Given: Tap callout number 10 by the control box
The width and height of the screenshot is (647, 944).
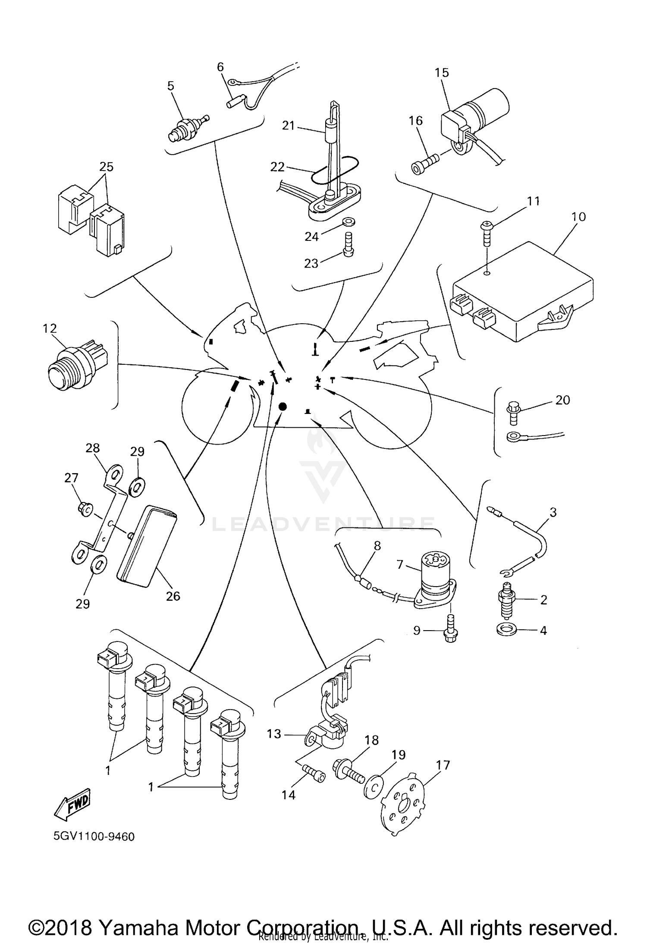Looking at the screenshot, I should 578,217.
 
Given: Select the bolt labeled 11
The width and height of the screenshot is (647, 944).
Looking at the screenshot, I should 487,235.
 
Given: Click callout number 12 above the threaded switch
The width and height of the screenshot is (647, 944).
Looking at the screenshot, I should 50,328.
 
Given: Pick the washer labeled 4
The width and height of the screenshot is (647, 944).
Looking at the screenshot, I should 505,630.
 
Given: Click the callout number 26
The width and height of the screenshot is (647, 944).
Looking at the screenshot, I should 173,596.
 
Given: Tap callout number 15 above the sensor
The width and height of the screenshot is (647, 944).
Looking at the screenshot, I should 442,73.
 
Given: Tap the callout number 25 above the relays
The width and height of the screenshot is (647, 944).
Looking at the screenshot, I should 106,167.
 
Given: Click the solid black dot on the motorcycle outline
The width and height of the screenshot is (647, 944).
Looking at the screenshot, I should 283,406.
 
